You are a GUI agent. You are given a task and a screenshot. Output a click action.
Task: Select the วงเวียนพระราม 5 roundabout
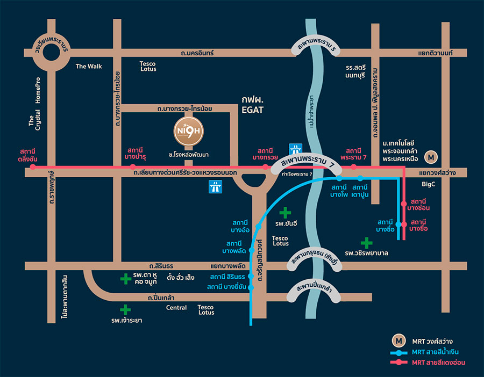pyautogui.click(x=52, y=52)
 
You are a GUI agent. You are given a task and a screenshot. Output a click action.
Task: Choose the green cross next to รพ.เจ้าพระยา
pyautogui.click(x=125, y=309)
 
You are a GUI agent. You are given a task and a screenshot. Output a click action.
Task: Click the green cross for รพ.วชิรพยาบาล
pyautogui.click(x=366, y=243)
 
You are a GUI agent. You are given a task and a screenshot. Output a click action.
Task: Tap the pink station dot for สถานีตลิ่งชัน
pyautogui.click(x=32, y=167)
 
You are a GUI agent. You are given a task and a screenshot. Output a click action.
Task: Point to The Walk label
pyautogui.click(x=89, y=67)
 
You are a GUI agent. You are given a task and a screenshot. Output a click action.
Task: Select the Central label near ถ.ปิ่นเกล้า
pyautogui.click(x=176, y=308)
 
